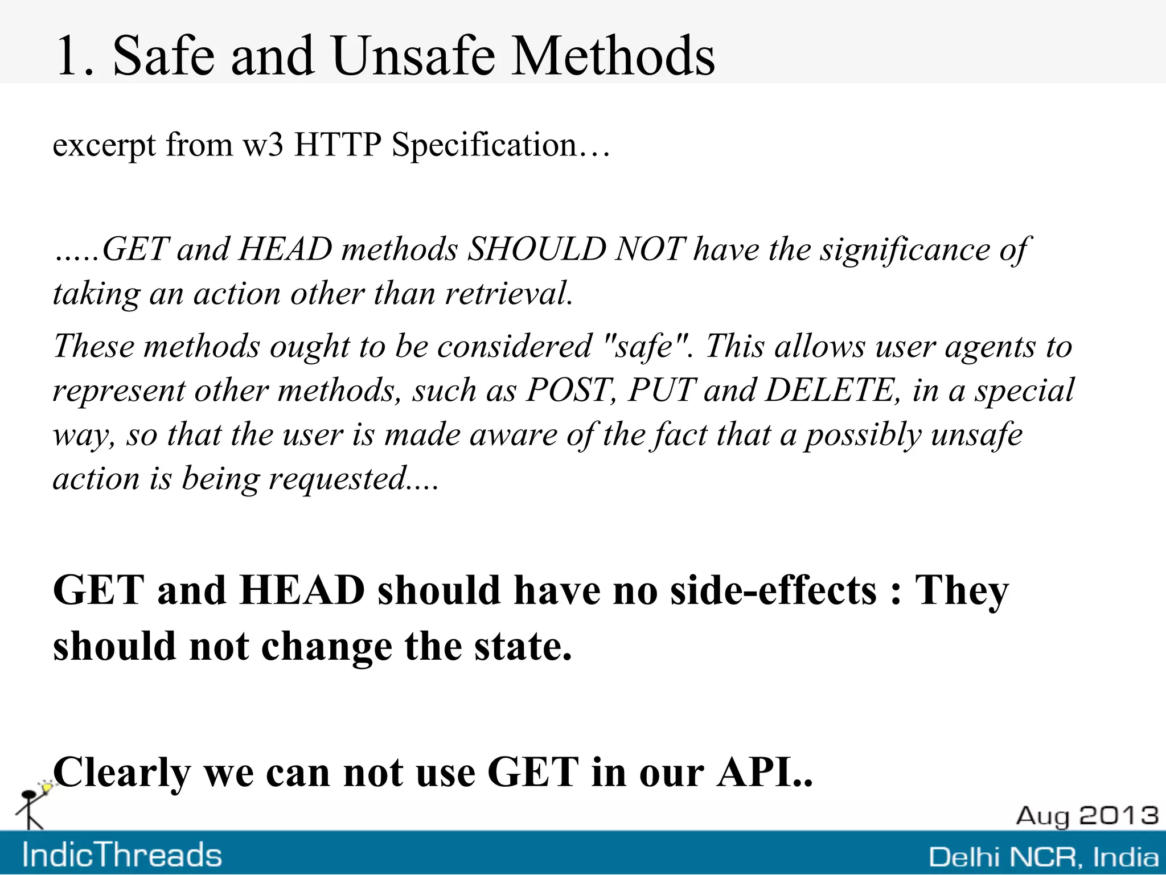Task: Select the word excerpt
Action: pos(104,146)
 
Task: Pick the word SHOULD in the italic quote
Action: pos(536,249)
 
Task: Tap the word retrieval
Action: pos(508,294)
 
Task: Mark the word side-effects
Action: pos(774,590)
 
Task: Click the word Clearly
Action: pos(122,773)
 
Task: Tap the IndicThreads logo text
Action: pos(122,855)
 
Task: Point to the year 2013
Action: pos(1119,815)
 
